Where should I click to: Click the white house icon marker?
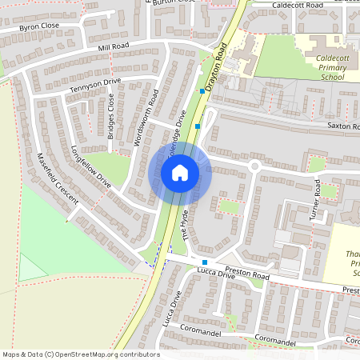click(x=180, y=172)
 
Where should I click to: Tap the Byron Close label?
click(x=39, y=26)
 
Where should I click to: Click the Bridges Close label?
click(x=111, y=117)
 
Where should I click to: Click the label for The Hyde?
click(x=189, y=225)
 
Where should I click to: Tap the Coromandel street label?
click(x=280, y=342)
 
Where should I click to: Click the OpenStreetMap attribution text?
click(x=80, y=354)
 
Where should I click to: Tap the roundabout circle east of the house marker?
click(x=255, y=167)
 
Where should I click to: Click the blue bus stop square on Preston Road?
click(x=205, y=262)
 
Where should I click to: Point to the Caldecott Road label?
click(x=297, y=5)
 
